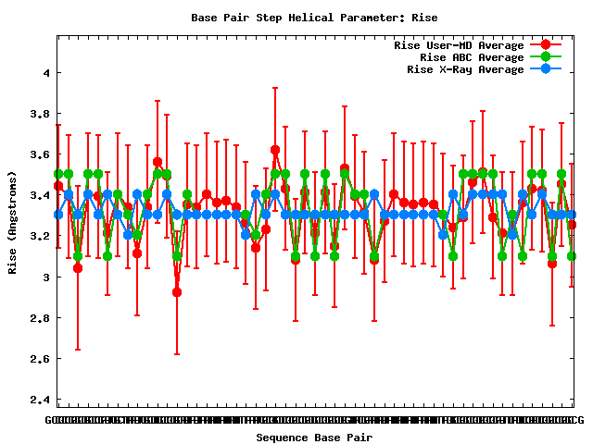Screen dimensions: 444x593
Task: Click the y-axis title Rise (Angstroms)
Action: pos(14,221)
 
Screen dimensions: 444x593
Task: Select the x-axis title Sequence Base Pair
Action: pos(314,436)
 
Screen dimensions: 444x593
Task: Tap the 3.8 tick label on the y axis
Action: pos(39,114)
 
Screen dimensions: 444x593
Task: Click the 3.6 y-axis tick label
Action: pos(39,154)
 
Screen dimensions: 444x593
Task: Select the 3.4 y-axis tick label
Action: pos(39,195)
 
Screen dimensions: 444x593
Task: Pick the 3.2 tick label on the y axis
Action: pos(39,236)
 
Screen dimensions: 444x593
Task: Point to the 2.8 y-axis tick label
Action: pos(39,317)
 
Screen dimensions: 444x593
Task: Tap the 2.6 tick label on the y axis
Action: pos(39,358)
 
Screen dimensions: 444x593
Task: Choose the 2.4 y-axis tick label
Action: pos(39,399)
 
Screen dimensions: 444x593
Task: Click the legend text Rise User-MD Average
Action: pos(459,45)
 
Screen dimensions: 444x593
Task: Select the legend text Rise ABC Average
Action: pos(472,57)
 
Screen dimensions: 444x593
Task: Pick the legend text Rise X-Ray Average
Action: pos(465,69)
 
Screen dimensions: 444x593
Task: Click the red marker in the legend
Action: pos(546,44)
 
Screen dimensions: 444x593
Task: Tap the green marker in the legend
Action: pos(546,56)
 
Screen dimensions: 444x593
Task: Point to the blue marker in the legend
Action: pos(546,68)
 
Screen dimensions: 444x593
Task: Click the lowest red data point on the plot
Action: pos(177,292)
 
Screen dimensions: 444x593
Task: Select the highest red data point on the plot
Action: pos(275,149)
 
